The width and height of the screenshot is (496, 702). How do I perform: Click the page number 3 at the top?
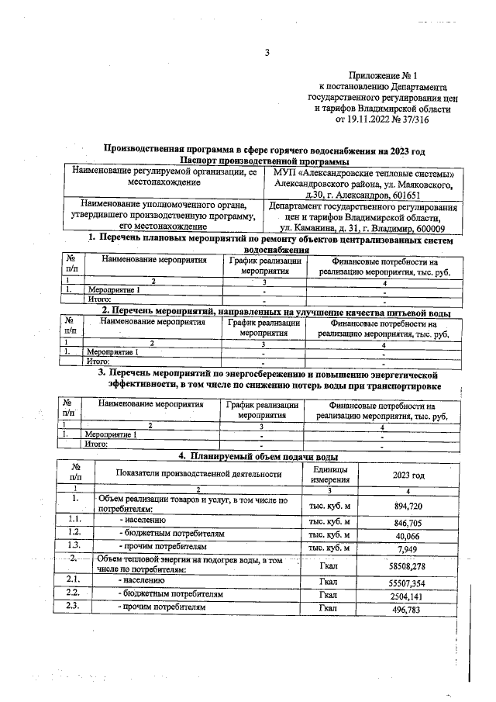[267, 53]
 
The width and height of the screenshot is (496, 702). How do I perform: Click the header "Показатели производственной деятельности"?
[198, 475]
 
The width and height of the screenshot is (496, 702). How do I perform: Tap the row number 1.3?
[76, 548]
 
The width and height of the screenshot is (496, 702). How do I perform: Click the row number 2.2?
[76, 593]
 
